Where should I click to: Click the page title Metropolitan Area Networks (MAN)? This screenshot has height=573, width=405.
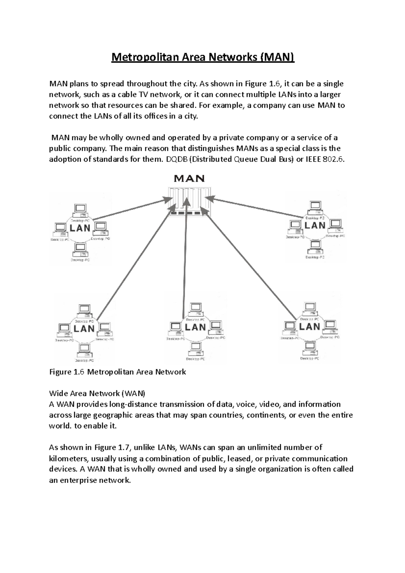pos(203,57)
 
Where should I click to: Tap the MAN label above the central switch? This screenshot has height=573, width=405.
pos(189,178)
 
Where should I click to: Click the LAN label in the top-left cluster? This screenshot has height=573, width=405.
pos(80,228)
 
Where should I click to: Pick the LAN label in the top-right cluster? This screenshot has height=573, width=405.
pos(315,225)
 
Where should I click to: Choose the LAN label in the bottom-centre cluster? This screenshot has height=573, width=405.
pos(195,327)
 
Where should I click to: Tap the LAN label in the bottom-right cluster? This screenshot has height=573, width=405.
pos(309,326)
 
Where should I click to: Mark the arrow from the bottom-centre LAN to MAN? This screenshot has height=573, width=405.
pos(185,256)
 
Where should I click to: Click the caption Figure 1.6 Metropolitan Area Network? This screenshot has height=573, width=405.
pos(117,372)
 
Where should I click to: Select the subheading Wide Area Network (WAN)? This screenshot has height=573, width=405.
pos(97,393)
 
